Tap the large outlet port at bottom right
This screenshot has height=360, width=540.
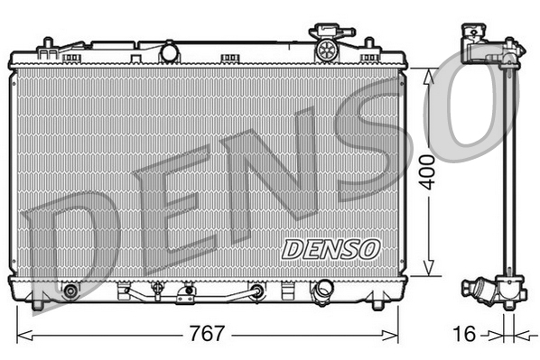[321, 291]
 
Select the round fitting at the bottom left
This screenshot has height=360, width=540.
[70, 291]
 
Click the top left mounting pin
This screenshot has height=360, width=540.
[44, 43]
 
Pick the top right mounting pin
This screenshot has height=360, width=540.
[370, 43]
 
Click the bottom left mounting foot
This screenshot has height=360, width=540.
[38, 306]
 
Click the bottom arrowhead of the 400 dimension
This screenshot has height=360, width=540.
[428, 272]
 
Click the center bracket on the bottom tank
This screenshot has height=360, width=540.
[187, 292]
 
